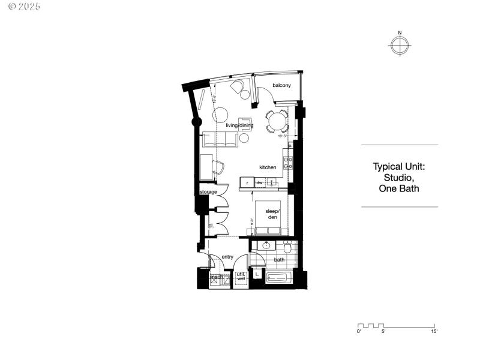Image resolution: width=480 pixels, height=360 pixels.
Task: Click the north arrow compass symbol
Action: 400,46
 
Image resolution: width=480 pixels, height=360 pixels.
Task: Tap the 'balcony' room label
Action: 281,86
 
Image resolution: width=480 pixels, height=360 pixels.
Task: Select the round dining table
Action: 277,122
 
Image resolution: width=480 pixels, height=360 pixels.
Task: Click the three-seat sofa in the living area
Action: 219,140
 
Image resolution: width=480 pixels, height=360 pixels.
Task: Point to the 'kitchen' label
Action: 268,167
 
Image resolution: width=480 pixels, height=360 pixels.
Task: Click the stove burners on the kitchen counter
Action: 288,162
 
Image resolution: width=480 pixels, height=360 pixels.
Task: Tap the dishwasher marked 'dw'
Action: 260,182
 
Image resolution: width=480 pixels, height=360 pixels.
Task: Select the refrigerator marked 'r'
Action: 247,182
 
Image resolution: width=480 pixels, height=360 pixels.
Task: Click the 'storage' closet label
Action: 208,192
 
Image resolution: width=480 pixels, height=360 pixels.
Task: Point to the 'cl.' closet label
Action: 211,226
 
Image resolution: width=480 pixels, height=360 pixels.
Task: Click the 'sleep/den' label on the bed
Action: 272,214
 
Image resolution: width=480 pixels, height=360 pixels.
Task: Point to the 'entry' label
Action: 227,257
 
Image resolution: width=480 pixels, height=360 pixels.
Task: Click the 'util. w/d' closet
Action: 241,277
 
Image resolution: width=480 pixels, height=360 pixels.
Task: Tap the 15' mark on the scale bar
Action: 433,331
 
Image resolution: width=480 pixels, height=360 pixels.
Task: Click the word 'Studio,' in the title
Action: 399,178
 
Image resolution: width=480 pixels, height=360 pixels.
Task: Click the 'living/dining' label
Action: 239,126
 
